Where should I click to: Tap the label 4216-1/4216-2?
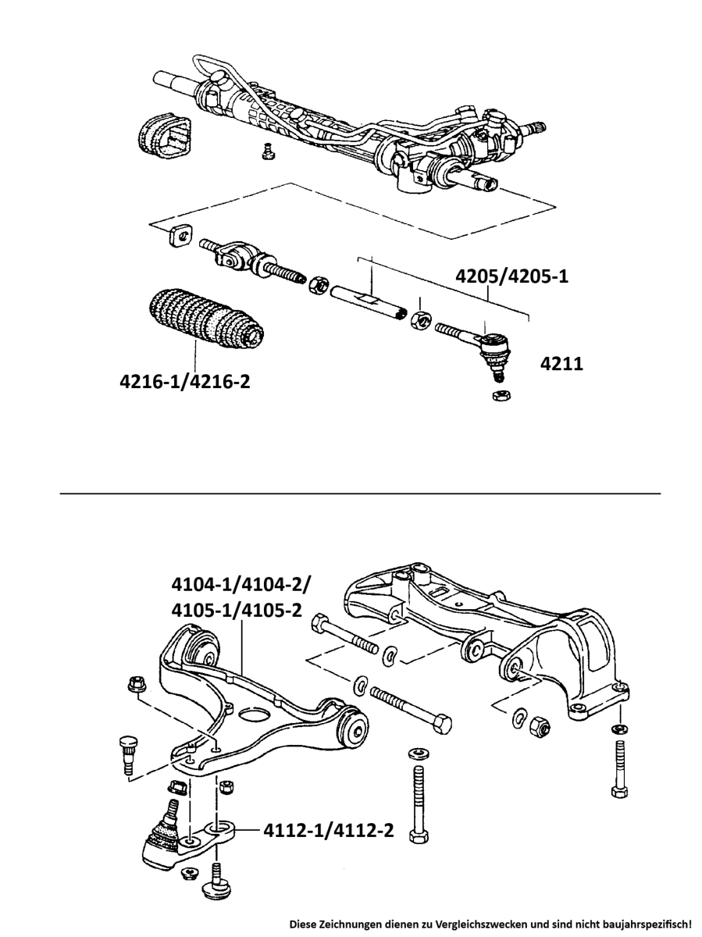[184, 383]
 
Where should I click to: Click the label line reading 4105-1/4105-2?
[237, 610]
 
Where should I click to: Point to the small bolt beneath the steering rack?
[268, 151]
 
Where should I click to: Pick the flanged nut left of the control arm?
[134, 686]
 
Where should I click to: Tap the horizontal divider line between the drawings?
[360, 493]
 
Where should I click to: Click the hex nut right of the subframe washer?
[536, 726]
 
